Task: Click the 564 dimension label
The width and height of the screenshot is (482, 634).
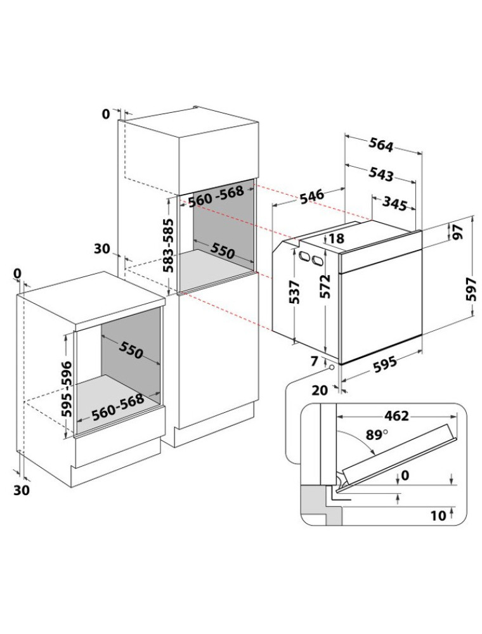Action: click(381, 145)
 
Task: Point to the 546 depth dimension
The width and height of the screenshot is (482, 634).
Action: click(312, 196)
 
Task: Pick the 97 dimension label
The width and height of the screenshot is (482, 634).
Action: click(459, 232)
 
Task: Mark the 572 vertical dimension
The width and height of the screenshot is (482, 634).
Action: click(324, 287)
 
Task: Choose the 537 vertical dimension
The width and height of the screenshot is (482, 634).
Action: click(294, 292)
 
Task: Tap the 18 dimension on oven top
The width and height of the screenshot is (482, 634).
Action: click(336, 238)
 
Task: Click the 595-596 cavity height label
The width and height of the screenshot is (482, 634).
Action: click(67, 389)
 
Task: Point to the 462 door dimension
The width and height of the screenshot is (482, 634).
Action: click(396, 416)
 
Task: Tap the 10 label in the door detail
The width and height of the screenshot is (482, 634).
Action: click(438, 515)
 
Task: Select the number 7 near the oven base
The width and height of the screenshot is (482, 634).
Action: click(315, 361)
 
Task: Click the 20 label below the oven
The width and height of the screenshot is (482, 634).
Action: click(320, 390)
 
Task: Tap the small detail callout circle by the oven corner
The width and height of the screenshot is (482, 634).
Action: click(332, 368)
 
